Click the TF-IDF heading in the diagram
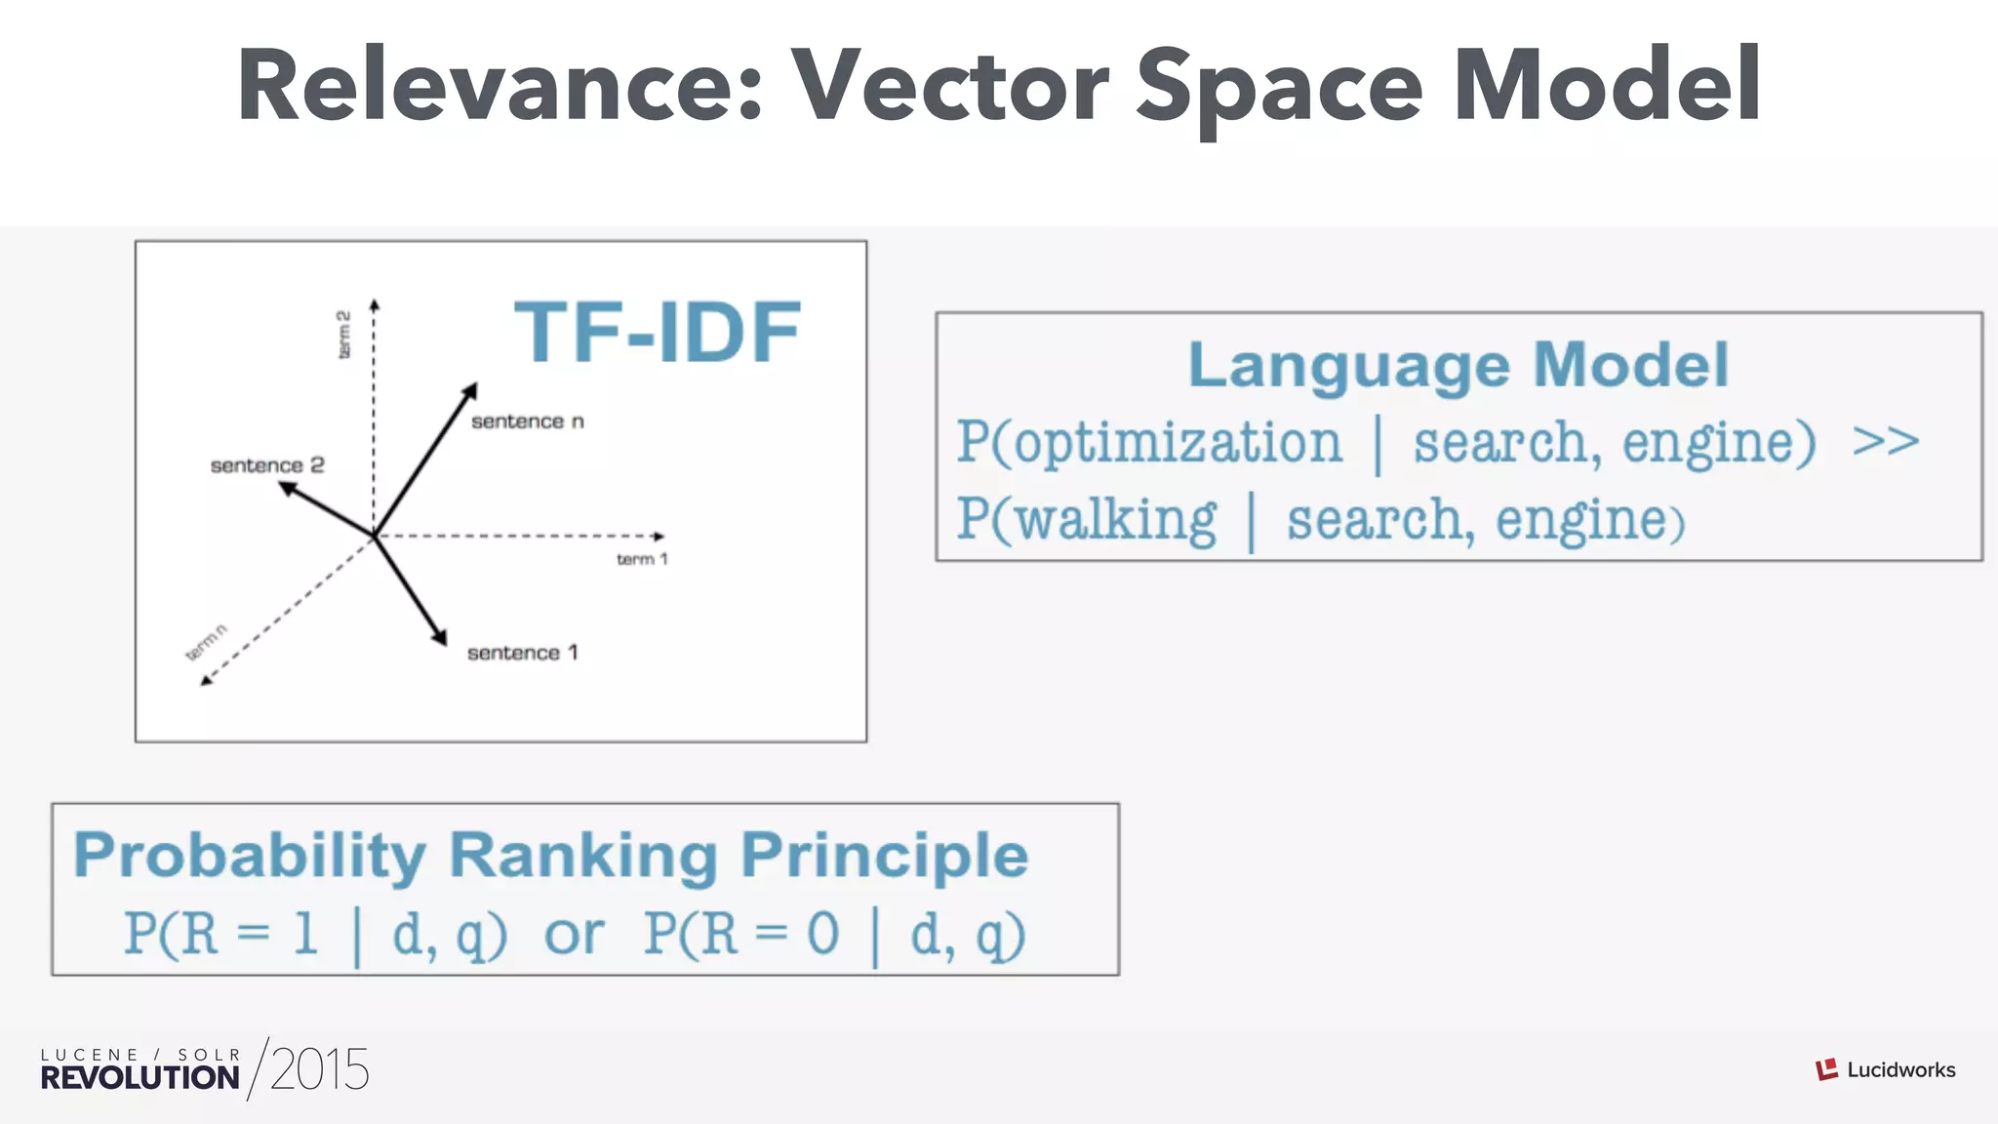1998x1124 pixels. click(x=657, y=333)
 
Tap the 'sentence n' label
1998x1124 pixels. click(x=527, y=421)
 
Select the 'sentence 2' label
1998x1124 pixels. click(x=267, y=465)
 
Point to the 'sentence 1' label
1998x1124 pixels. click(x=522, y=653)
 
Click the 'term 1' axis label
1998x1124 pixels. click(x=642, y=559)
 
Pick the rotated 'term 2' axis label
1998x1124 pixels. click(x=343, y=335)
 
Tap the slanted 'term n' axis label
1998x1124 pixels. click(x=207, y=642)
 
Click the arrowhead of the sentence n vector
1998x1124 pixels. click(x=470, y=389)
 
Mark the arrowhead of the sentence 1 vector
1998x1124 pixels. click(x=441, y=638)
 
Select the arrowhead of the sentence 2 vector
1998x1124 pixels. click(x=287, y=487)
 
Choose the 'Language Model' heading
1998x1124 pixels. click(x=1458, y=365)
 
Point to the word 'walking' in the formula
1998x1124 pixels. click(x=1116, y=519)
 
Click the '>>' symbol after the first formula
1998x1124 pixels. click(x=1885, y=441)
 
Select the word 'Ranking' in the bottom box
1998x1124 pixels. click(x=582, y=856)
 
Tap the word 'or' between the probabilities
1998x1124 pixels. click(x=574, y=935)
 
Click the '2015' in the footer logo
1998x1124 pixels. click(x=319, y=1069)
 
